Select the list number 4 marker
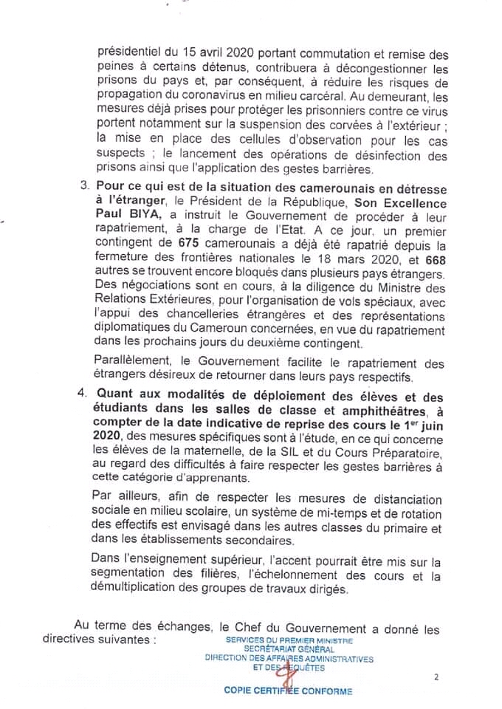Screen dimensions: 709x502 click(83, 395)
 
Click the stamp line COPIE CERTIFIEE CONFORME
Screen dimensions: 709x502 click(289, 691)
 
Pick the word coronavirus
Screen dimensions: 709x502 click(221, 95)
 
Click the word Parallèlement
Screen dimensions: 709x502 click(132, 363)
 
